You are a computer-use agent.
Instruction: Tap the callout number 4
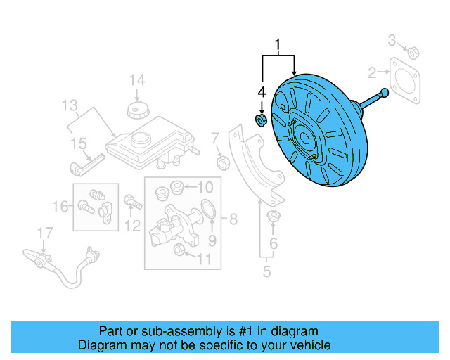[261, 91]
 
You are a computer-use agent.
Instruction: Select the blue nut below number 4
[260, 121]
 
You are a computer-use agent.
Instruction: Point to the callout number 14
[136, 79]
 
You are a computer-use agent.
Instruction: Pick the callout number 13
[69, 106]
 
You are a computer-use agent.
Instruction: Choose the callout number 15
[77, 144]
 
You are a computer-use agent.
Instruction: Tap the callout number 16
[61, 206]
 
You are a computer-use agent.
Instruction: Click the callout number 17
[45, 233]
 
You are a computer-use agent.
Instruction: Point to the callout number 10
[204, 187]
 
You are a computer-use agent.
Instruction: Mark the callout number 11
[203, 259]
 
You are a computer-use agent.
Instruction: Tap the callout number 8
[233, 218]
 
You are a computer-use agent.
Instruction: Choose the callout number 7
[215, 137]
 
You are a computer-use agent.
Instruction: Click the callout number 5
[266, 271]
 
